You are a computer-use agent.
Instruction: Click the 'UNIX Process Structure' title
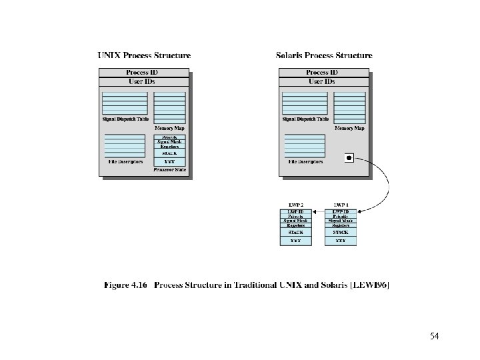[x=144, y=56]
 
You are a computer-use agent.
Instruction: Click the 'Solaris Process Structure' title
[x=324, y=56]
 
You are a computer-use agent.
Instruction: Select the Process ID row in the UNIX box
[x=144, y=72]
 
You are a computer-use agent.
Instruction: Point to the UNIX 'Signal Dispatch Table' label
[x=125, y=119]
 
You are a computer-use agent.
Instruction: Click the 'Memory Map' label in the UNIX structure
[x=169, y=127]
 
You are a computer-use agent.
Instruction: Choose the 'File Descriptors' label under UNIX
[x=125, y=161]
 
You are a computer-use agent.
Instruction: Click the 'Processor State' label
[x=169, y=170]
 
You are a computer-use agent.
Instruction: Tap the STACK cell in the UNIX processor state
[x=169, y=153]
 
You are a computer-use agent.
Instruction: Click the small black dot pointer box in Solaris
[x=349, y=158]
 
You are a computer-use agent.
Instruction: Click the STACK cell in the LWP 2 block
[x=295, y=233]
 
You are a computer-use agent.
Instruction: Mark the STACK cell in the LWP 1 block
[x=341, y=233]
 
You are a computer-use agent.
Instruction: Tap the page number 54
[x=435, y=335]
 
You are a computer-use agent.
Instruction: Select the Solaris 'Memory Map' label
[x=349, y=127]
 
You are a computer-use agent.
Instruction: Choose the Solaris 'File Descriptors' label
[x=305, y=161]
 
